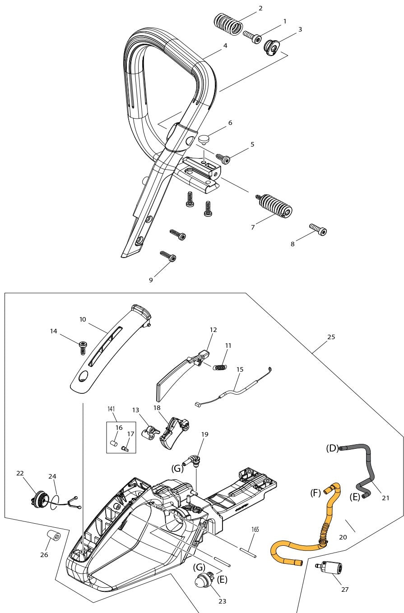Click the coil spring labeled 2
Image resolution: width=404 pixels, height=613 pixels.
tap(228, 24)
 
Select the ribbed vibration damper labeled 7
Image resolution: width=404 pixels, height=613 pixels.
tap(275, 207)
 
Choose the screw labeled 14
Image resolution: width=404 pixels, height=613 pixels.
tap(83, 347)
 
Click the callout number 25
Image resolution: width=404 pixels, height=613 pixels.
tap(331, 337)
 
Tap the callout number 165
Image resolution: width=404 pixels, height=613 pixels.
tap(255, 530)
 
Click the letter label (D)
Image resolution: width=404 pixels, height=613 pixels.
tap(332, 448)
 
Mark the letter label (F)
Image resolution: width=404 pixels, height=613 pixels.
tap(316, 493)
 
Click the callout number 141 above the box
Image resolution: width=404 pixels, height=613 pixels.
tap(111, 409)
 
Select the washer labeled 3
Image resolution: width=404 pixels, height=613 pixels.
tap(272, 47)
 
